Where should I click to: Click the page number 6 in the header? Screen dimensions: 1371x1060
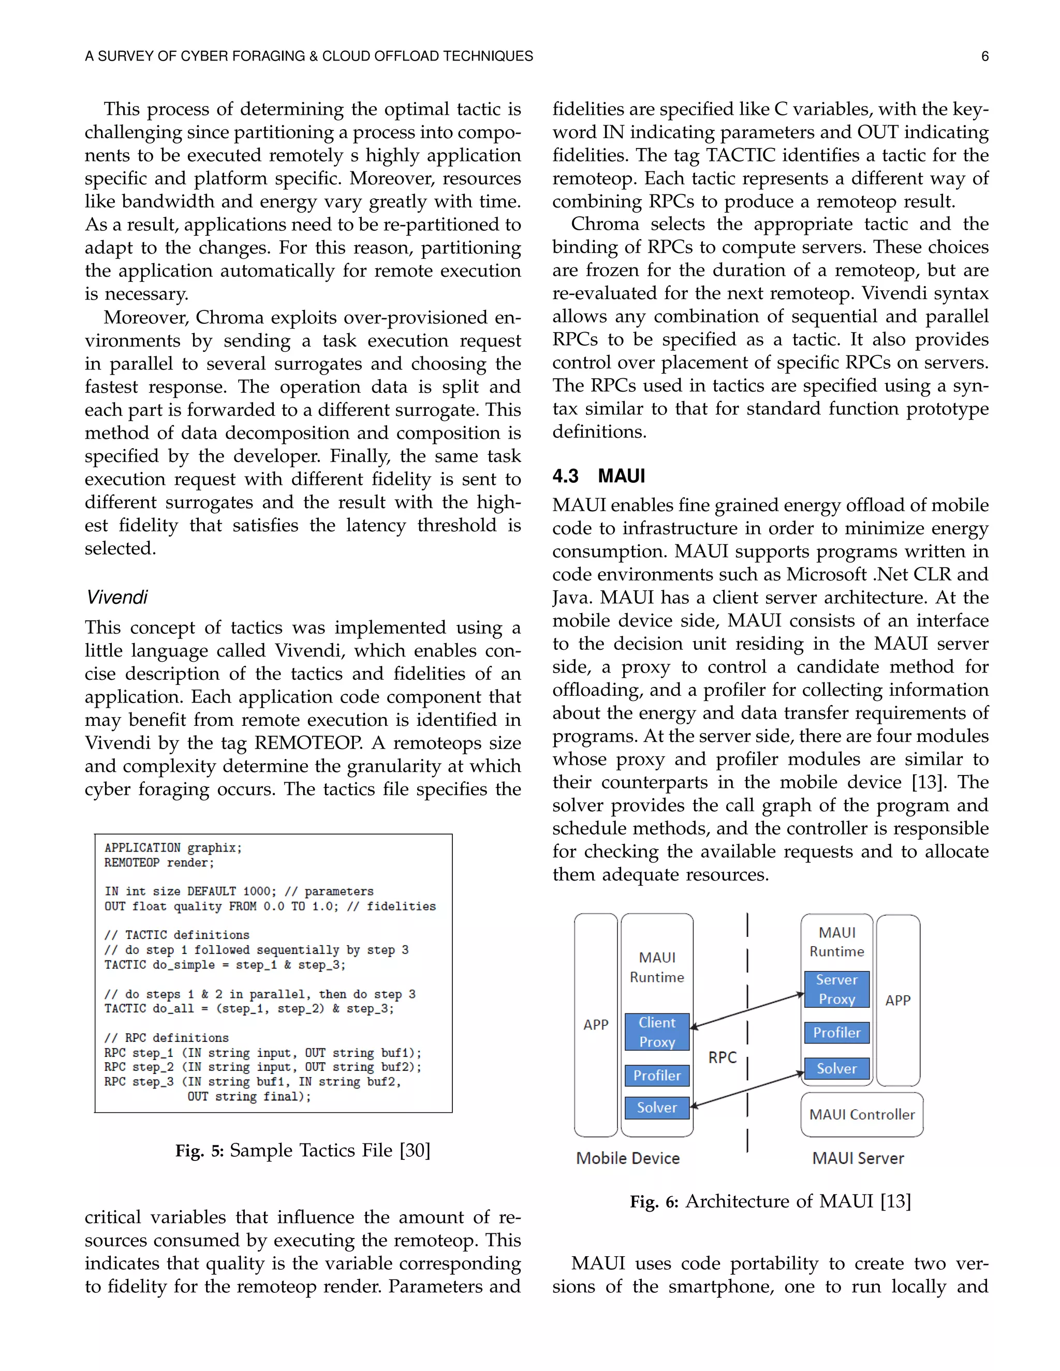[984, 56]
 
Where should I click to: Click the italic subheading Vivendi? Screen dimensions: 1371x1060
[117, 597]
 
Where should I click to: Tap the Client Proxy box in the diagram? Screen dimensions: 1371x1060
[657, 1032]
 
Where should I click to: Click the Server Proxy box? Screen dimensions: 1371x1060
[836, 989]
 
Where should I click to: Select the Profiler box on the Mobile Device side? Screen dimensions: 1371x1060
[657, 1076]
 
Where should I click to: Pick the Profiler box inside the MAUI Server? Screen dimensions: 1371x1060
[836, 1033]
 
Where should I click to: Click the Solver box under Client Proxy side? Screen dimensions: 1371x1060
[657, 1107]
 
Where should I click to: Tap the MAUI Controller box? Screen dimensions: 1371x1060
[862, 1114]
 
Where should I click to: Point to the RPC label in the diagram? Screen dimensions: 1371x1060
[722, 1058]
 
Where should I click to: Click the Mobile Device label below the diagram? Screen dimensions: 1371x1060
[628, 1158]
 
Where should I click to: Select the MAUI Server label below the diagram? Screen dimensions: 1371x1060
[858, 1158]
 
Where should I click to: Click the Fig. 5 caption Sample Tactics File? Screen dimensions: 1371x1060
[303, 1150]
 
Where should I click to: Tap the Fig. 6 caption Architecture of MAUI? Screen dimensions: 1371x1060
[771, 1201]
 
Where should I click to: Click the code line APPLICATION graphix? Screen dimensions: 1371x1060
[173, 847]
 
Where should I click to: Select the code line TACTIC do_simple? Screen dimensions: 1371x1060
[225, 965]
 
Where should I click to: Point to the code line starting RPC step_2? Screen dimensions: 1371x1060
[262, 1067]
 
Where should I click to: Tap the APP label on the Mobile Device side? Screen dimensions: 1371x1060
[596, 1024]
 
